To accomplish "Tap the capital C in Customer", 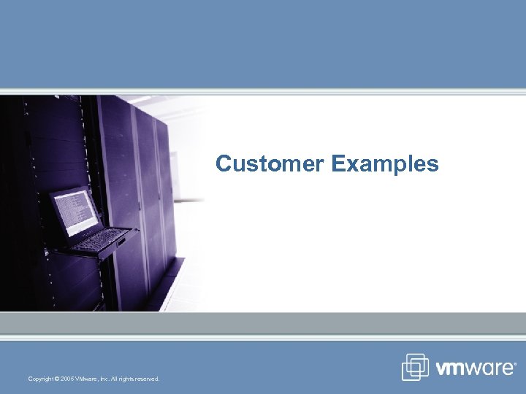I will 223,164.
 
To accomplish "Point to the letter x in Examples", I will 347,165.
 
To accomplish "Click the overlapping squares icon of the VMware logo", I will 416,367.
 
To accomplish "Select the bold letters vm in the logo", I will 452,368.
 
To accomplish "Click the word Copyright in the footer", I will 40,379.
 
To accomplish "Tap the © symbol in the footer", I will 57,379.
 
